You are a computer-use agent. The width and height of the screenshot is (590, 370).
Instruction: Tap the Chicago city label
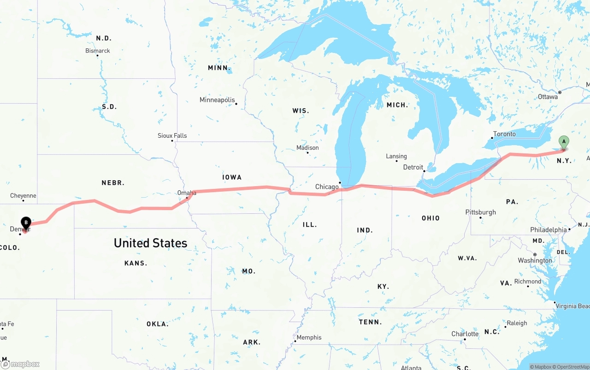(327, 187)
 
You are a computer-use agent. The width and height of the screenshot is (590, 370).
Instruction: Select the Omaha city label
(187, 193)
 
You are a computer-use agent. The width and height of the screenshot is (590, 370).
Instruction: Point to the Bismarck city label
(98, 51)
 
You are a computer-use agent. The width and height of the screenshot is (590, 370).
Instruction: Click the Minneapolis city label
(217, 100)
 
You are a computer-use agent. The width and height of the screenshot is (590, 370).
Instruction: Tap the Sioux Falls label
(172, 135)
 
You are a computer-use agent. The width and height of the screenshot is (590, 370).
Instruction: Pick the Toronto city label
(504, 134)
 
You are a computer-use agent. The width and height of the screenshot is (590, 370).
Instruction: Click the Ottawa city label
(548, 97)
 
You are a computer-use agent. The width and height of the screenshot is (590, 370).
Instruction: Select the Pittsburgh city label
(481, 212)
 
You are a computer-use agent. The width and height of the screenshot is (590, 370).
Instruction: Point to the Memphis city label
(309, 337)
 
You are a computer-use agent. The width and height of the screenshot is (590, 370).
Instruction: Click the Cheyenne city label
(23, 196)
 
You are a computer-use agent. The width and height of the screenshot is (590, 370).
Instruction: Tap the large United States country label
(150, 243)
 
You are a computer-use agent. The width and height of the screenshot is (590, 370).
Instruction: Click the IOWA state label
(232, 177)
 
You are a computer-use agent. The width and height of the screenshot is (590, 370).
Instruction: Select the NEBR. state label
(113, 183)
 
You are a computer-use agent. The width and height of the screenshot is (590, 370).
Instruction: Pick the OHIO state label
(431, 218)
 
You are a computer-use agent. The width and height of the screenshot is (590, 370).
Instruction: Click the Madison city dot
(307, 153)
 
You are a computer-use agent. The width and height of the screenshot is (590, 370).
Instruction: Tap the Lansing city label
(396, 156)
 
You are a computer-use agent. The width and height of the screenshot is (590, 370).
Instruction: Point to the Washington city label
(535, 260)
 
